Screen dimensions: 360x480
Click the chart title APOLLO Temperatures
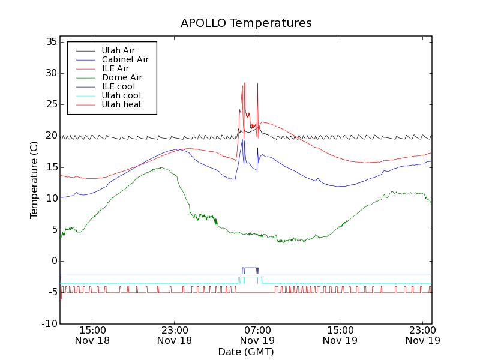point(246,23)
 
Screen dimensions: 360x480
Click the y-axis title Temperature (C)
point(34,180)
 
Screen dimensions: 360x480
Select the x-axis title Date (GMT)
point(246,352)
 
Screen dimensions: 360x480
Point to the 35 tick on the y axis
point(50,42)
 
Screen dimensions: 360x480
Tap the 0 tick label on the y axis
point(53,261)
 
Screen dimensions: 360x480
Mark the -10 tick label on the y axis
point(49,324)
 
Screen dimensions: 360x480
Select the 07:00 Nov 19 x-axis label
point(257,335)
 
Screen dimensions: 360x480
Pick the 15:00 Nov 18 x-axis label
point(92,335)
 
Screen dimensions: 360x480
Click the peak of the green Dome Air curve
point(161,168)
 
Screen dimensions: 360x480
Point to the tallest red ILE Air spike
point(245,83)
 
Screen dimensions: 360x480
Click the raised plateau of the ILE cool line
point(251,268)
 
